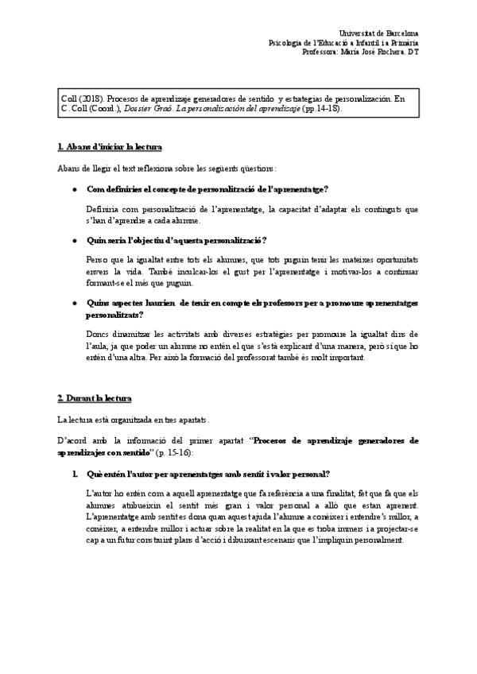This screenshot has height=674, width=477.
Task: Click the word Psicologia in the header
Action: [287, 42]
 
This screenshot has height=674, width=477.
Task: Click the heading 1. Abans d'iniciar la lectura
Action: [110, 147]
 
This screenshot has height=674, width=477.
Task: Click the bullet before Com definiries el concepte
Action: [74, 189]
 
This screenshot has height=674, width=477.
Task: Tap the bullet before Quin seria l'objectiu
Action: [74, 241]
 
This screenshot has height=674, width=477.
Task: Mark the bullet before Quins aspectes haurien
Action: [74, 304]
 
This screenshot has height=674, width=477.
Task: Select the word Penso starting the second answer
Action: [97, 261]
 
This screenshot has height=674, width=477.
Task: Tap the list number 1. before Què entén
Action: [74, 474]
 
